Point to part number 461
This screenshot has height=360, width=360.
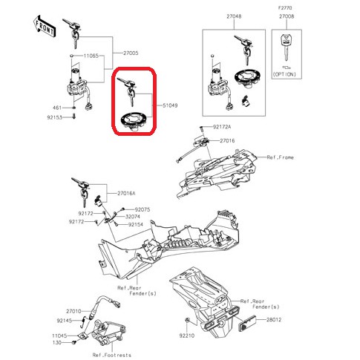(56, 108)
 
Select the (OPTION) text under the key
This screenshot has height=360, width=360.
(285, 75)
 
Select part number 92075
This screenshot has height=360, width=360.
(143, 209)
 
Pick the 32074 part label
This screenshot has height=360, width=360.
(134, 217)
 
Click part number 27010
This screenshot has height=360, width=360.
(73, 311)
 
